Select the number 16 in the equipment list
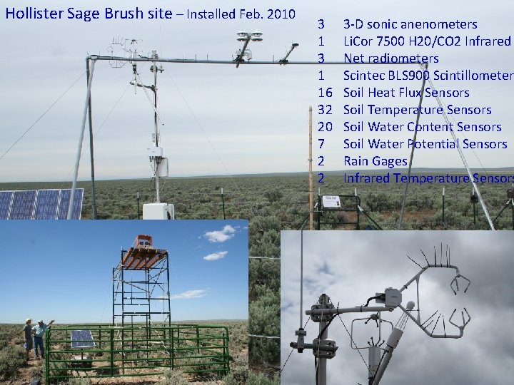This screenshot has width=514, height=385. [325, 93]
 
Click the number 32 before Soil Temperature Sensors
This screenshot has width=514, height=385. [325, 110]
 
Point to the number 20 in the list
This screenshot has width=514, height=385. [325, 127]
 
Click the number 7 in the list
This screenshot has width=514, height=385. [321, 144]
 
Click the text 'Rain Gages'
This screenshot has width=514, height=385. [375, 161]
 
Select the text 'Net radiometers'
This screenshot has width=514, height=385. [390, 58]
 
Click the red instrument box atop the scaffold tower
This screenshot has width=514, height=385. [143, 242]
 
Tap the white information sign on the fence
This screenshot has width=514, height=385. [331, 202]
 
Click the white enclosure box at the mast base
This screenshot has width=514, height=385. [158, 211]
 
